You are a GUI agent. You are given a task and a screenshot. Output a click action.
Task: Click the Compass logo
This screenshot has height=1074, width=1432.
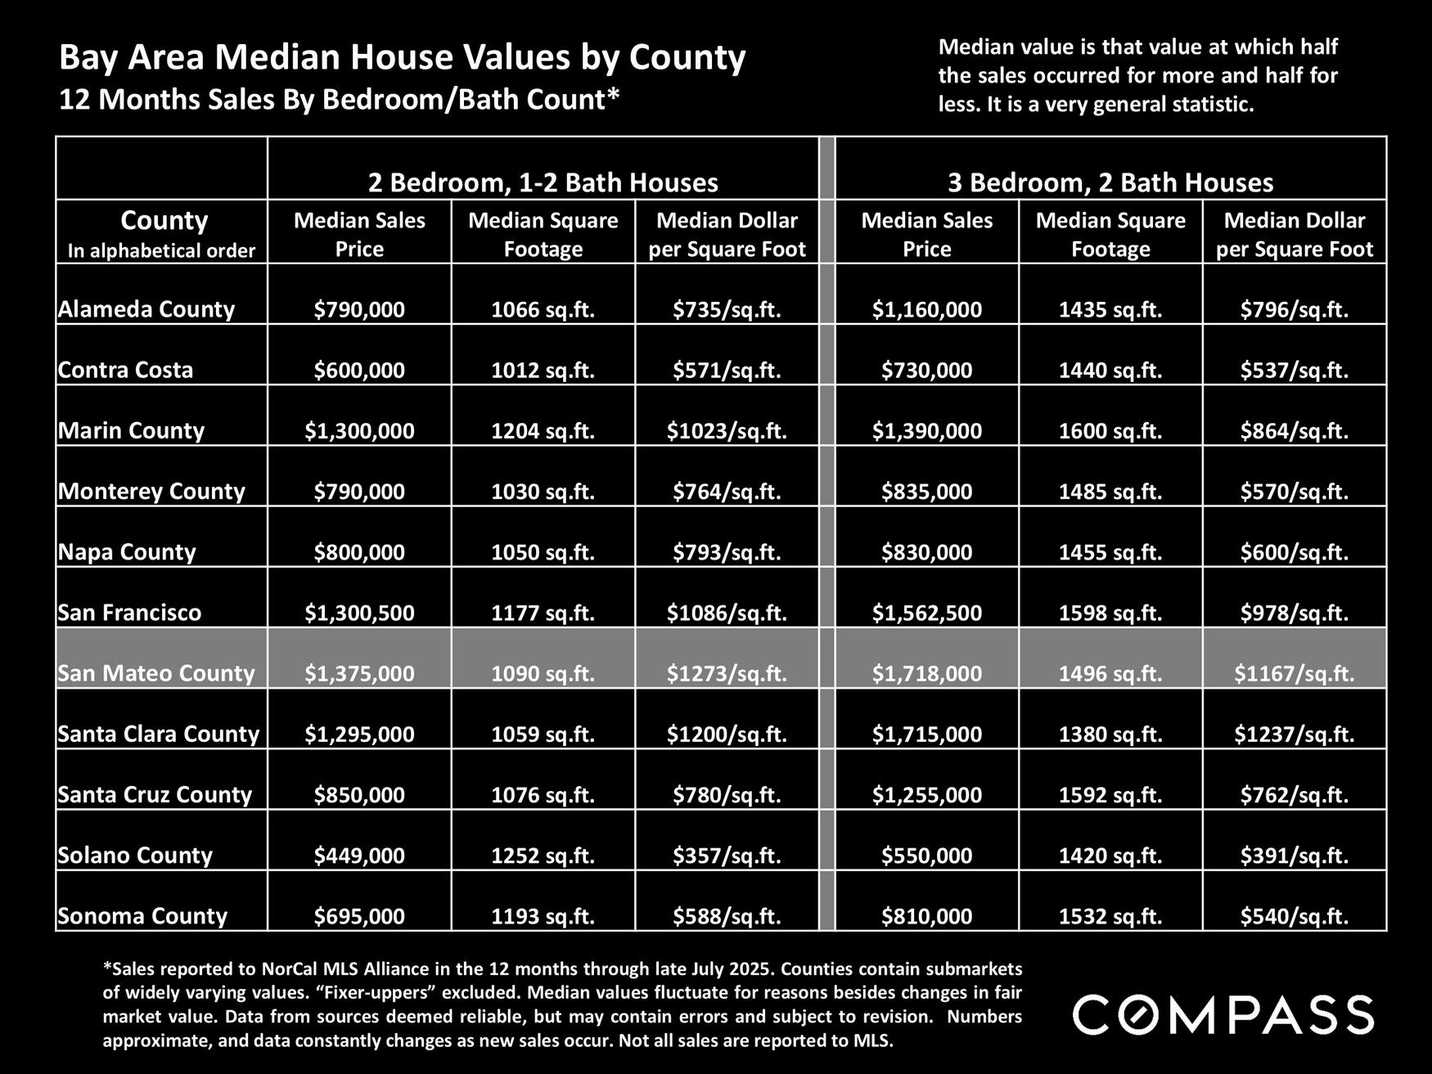(1223, 1015)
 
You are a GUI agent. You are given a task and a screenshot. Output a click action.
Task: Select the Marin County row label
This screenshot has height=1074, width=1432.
(131, 430)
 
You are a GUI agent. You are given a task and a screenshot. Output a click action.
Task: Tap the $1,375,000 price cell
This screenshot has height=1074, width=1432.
(359, 673)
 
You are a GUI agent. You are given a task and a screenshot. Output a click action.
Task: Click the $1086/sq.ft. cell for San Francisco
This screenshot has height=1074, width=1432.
(727, 613)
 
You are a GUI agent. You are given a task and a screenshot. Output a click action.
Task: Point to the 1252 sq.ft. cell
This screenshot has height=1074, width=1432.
(543, 856)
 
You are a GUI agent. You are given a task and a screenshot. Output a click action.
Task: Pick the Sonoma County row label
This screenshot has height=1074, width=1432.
(142, 916)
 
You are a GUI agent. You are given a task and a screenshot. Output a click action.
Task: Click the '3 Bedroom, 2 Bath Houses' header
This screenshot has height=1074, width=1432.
(1110, 182)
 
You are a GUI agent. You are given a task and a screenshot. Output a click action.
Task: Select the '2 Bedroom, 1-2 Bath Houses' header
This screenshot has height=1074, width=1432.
(543, 182)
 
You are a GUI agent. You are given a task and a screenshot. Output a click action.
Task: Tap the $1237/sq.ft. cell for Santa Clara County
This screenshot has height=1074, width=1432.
(1294, 734)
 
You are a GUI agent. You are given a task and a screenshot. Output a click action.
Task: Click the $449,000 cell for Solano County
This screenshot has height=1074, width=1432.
(359, 856)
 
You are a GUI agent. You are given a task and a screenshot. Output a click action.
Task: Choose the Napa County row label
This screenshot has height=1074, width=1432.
(127, 552)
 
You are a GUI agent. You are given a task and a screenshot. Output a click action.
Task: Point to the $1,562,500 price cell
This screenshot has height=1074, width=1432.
(926, 613)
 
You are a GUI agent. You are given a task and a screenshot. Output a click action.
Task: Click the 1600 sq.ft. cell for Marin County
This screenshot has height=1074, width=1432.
(1110, 430)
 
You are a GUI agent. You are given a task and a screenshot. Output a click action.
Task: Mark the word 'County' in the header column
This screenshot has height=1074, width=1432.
(164, 221)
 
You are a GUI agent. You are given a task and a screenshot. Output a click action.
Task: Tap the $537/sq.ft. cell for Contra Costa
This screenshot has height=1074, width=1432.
(1294, 370)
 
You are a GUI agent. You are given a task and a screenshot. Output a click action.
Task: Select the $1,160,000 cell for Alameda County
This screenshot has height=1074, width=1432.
(926, 309)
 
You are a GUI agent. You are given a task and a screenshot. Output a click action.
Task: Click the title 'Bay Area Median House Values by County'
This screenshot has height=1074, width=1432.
(402, 58)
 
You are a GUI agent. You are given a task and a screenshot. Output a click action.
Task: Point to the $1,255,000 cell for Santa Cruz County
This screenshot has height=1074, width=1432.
(926, 794)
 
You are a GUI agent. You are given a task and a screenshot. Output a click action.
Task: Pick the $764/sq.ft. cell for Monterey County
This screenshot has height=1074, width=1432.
(727, 492)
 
